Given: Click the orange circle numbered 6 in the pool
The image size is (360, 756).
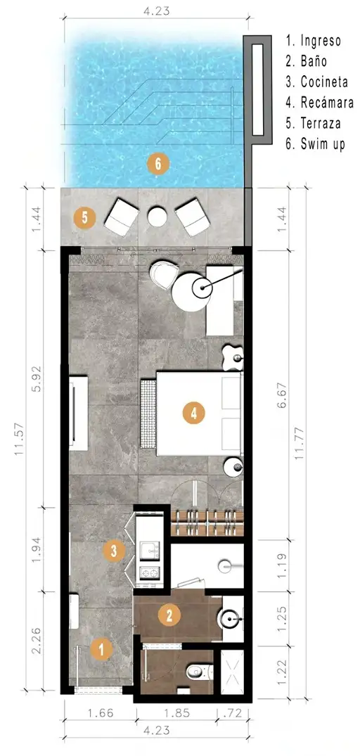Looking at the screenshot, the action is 158,165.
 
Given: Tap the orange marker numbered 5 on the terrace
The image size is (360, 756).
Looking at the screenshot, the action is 85,217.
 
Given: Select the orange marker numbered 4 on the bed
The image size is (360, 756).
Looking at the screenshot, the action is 194,414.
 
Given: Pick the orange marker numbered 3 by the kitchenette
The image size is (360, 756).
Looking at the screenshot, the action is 114,551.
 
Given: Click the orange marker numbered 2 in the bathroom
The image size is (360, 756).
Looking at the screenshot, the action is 169,615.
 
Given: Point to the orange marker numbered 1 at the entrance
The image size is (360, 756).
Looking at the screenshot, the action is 101,649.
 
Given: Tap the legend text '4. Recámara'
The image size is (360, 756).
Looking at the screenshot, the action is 319,103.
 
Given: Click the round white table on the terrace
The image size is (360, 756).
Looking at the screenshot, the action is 157,217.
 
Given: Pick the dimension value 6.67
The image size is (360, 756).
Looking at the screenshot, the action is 283,395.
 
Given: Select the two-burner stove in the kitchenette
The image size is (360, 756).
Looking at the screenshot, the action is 149,573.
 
